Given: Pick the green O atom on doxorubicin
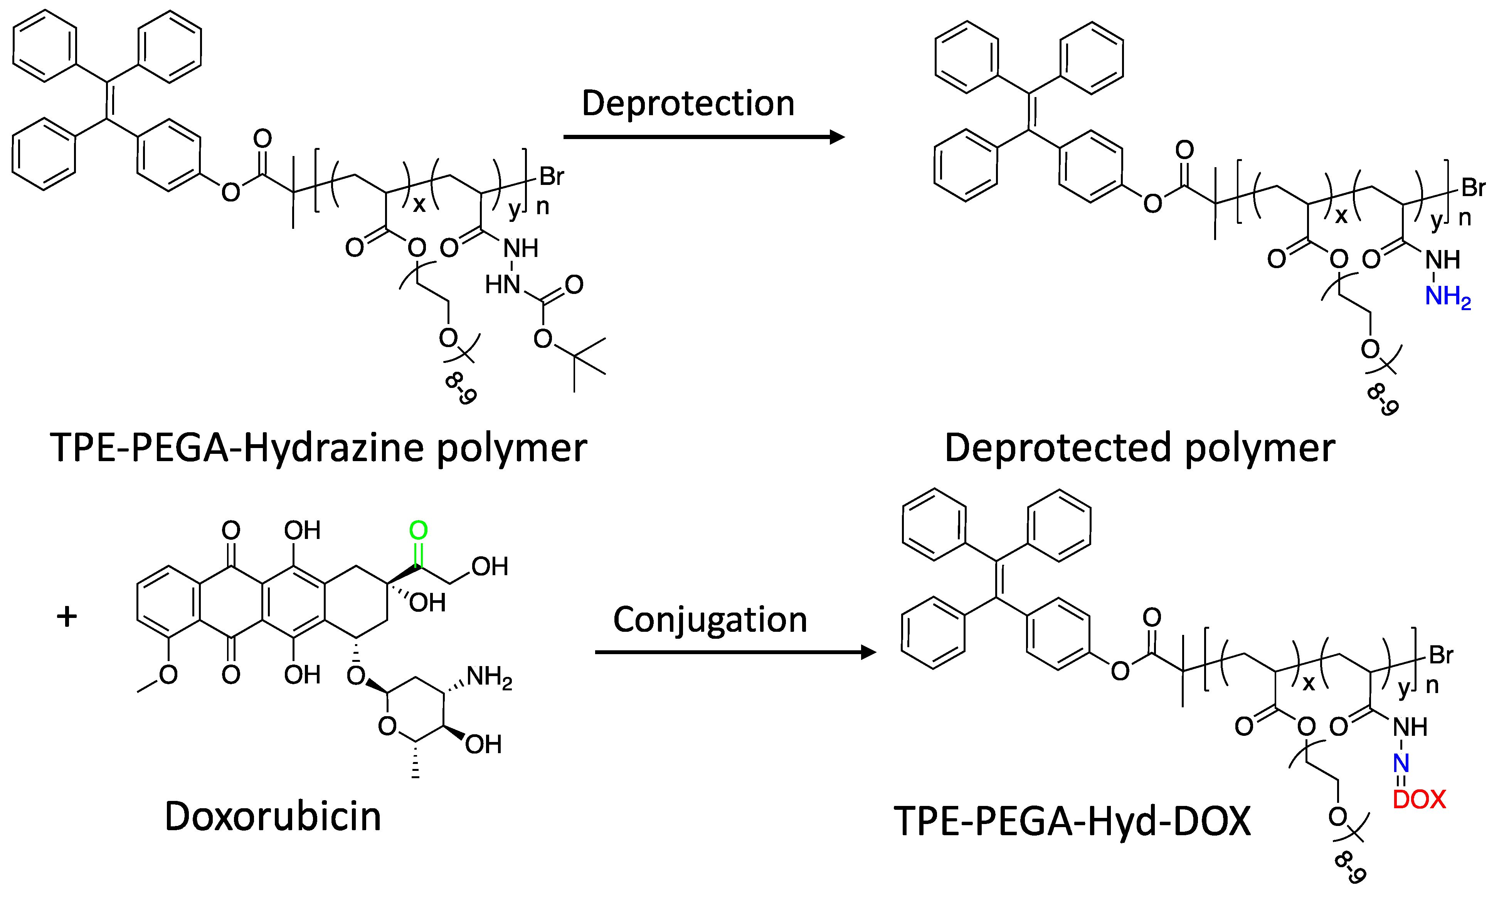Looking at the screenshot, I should [418, 531].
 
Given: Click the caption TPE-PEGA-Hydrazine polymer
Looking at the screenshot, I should [318, 448].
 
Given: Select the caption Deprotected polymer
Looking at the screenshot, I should [1139, 448].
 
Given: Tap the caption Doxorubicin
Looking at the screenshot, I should [273, 817].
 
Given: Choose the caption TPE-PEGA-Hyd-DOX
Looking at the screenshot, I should [1072, 822].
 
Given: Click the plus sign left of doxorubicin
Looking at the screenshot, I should [67, 617].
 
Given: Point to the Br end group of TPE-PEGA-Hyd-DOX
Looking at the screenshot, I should [1441, 655].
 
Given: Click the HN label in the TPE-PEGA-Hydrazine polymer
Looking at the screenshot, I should [503, 284].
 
